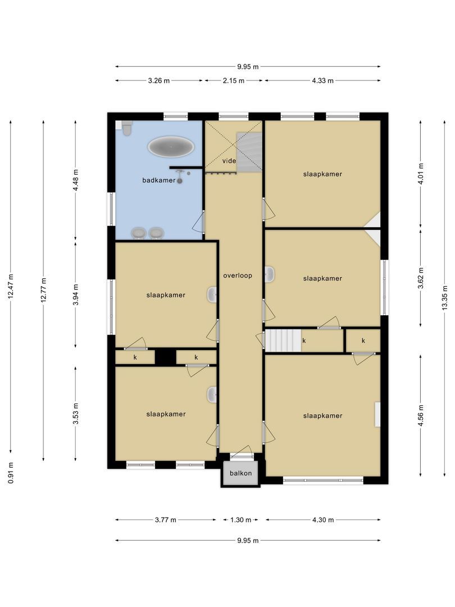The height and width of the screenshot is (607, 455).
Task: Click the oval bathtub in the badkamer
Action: [x=172, y=147]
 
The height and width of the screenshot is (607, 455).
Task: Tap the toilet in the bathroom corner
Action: [x=127, y=129]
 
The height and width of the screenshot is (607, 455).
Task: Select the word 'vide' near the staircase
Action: [x=229, y=161]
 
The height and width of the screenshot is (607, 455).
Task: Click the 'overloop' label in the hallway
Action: [x=238, y=276]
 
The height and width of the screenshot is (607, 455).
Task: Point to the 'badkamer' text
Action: [x=159, y=180]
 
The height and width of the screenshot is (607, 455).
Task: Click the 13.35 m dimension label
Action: [x=445, y=298]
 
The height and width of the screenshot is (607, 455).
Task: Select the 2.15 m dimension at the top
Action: [x=233, y=80]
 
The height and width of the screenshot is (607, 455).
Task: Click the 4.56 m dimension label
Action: [x=421, y=416]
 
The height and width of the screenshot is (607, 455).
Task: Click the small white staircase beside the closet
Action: [x=283, y=341]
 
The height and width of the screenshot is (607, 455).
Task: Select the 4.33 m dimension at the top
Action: [x=322, y=80]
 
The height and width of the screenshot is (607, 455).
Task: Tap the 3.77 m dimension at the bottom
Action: [x=165, y=520]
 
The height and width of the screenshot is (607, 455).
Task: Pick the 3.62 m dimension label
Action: [x=421, y=278]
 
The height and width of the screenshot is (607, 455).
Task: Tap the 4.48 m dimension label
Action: [x=76, y=180]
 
